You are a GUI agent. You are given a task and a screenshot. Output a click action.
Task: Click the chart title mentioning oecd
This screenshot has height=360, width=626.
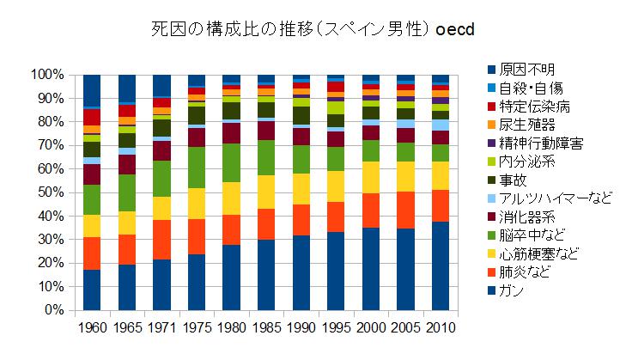click(313, 29)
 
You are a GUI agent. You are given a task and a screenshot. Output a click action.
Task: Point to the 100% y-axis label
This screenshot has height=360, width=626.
click(43, 75)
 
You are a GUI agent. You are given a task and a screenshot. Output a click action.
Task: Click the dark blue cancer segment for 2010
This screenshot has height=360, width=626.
click(440, 265)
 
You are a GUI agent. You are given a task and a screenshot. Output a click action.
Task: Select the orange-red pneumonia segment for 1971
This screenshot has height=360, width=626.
click(161, 240)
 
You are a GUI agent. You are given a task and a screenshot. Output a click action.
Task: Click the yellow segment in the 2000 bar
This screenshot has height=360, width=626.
click(370, 178)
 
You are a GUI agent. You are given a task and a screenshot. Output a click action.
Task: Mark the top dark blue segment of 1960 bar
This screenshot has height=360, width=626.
click(92, 90)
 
